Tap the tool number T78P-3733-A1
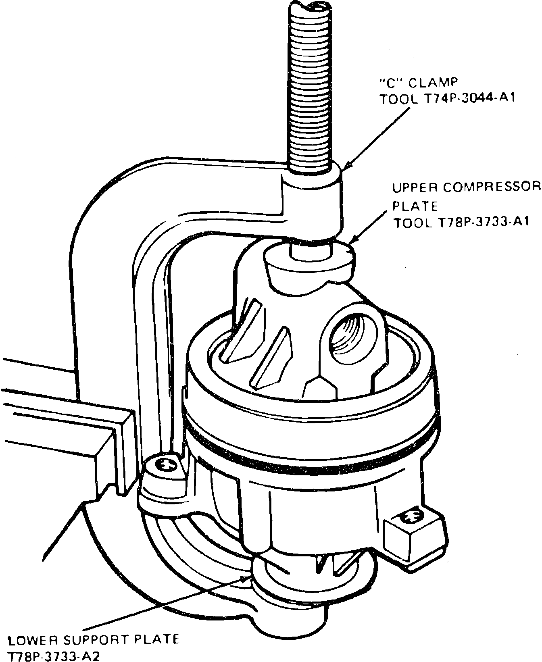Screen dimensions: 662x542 coord(483,222)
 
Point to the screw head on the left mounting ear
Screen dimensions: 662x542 coord(166,464)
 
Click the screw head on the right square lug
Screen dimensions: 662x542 coord(411,515)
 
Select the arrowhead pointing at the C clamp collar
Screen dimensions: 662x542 coord(347,165)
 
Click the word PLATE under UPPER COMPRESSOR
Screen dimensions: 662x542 coord(415,206)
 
